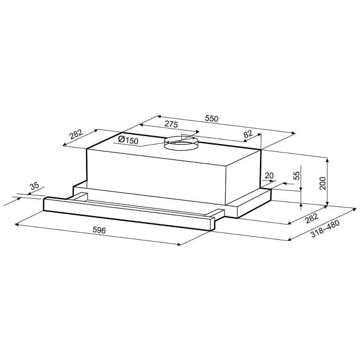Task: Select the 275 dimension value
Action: click(x=171, y=124)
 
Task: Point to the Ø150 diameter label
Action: click(x=128, y=140)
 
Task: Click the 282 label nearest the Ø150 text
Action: click(x=76, y=135)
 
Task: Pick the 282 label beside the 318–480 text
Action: click(x=311, y=219)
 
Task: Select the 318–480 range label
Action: click(x=324, y=229)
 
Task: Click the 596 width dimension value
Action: click(x=99, y=230)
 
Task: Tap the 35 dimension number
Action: click(x=34, y=186)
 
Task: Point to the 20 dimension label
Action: click(x=269, y=175)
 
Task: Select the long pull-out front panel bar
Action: click(x=126, y=213)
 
